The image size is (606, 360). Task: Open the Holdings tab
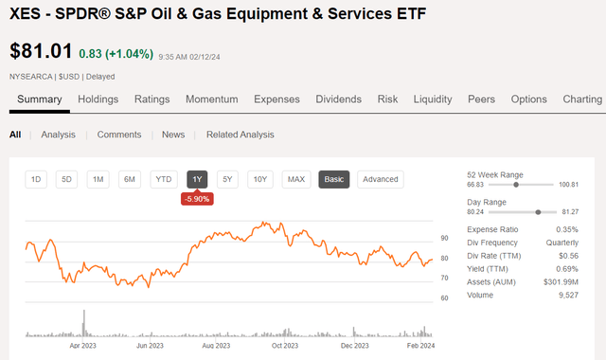click(x=98, y=99)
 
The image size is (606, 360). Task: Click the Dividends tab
click(x=338, y=99)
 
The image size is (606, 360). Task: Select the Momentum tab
click(x=212, y=99)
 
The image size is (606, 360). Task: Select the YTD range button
click(x=164, y=179)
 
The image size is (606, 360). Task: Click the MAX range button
click(x=296, y=179)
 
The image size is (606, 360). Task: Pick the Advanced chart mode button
click(x=380, y=179)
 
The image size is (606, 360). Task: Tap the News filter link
click(x=173, y=135)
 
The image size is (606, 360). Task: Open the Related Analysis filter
click(x=241, y=135)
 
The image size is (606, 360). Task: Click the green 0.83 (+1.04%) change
click(x=116, y=54)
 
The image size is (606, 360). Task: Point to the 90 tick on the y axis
click(x=444, y=238)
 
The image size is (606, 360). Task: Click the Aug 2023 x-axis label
click(x=217, y=346)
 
